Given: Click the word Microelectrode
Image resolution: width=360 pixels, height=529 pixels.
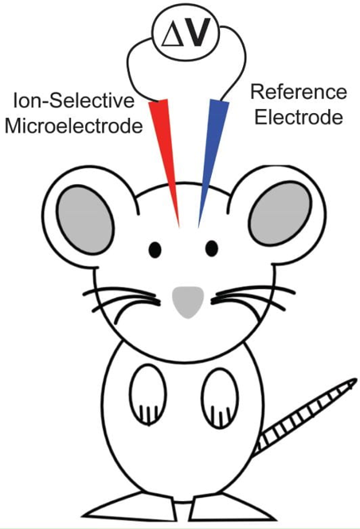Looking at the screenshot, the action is click(74, 127).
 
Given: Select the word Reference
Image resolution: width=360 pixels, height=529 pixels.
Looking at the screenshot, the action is click(299, 92).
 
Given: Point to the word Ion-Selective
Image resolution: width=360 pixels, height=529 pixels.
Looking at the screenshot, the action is click(74, 101).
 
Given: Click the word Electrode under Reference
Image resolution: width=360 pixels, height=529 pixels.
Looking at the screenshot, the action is click(299, 117).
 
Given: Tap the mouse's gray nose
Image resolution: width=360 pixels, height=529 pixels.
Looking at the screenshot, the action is click(188, 301).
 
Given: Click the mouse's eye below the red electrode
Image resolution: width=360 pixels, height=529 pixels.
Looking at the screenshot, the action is click(155, 249).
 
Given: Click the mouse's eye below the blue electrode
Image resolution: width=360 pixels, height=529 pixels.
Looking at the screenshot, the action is click(212, 249).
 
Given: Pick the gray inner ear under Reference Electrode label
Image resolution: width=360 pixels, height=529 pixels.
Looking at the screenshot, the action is click(280, 214).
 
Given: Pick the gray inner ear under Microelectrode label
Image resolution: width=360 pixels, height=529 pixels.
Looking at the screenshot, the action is click(85, 220).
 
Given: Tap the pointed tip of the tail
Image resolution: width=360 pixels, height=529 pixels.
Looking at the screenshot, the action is click(356, 379).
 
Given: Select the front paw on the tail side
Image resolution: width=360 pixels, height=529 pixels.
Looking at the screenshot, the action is click(220, 398).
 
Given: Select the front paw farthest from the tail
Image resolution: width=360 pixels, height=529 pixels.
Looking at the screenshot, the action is click(148, 394).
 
